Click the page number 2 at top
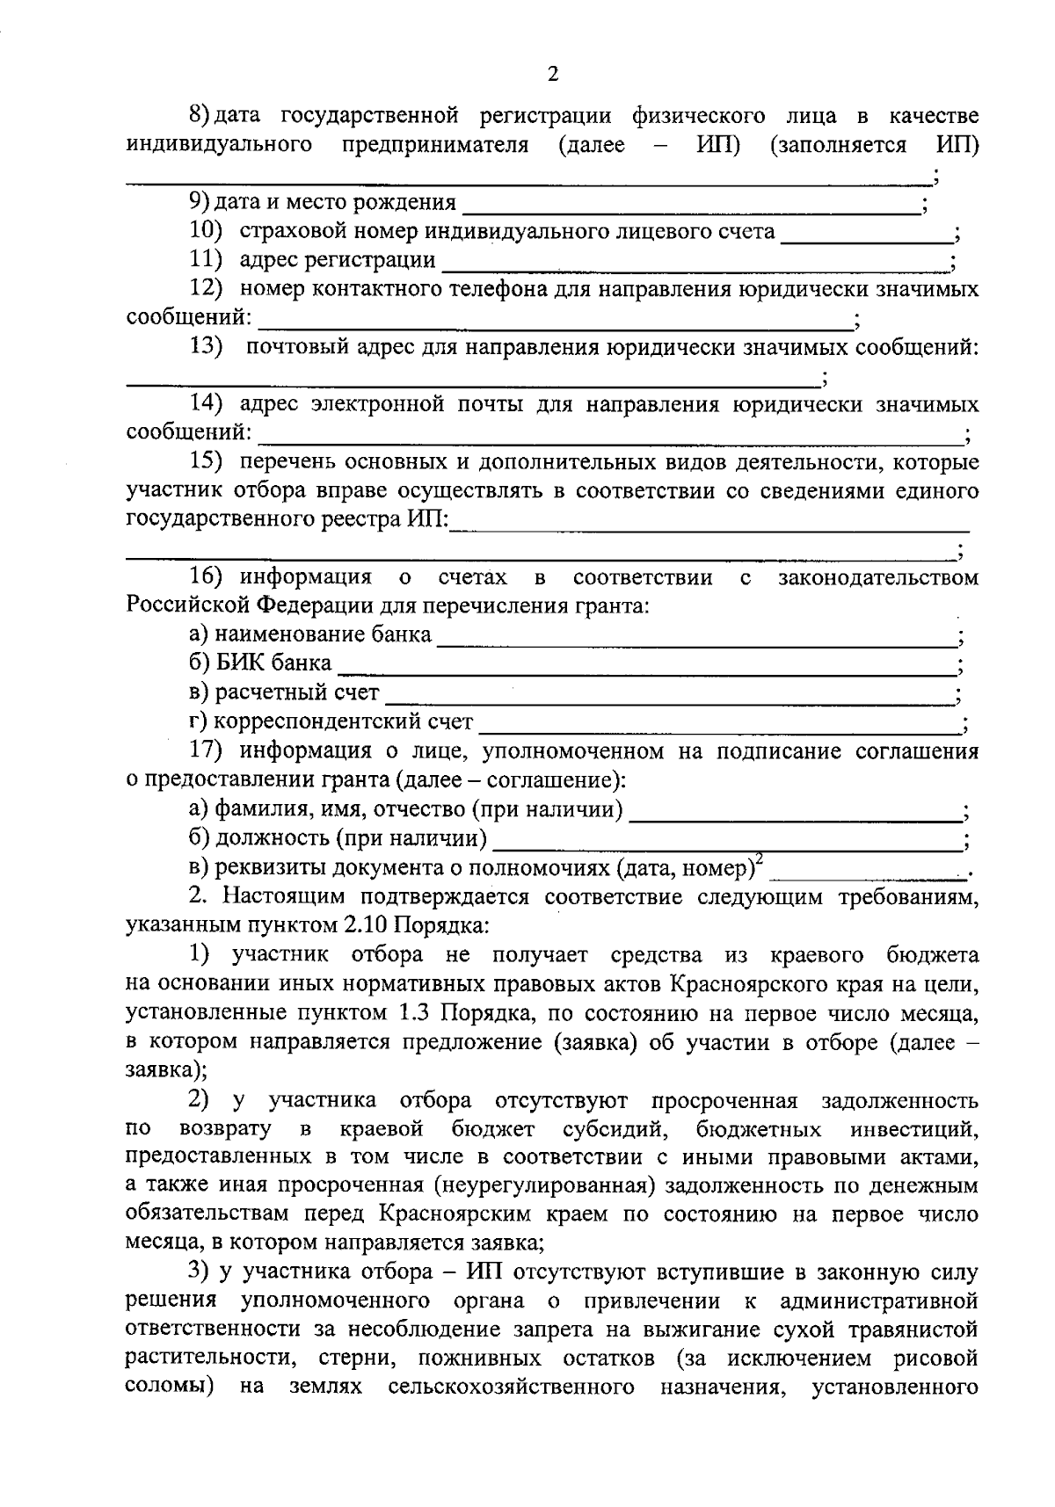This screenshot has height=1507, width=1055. [552, 74]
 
